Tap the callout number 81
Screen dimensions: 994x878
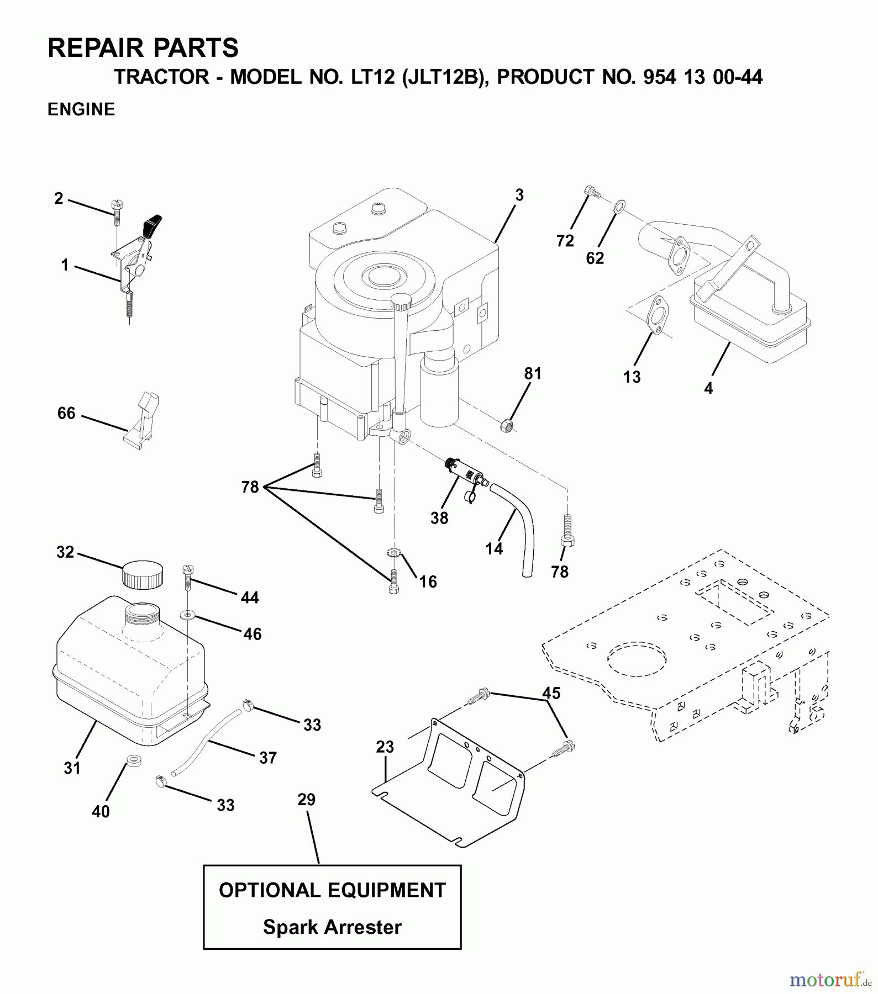(533, 374)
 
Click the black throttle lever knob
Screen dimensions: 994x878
(152, 224)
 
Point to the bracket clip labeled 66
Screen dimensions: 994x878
(142, 421)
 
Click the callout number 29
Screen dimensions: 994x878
(306, 800)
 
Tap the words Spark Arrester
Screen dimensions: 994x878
(332, 927)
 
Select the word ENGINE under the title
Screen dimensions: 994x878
(81, 109)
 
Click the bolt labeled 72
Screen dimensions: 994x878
(591, 192)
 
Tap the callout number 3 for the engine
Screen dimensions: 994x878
(519, 195)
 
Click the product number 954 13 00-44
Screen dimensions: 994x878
(702, 77)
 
